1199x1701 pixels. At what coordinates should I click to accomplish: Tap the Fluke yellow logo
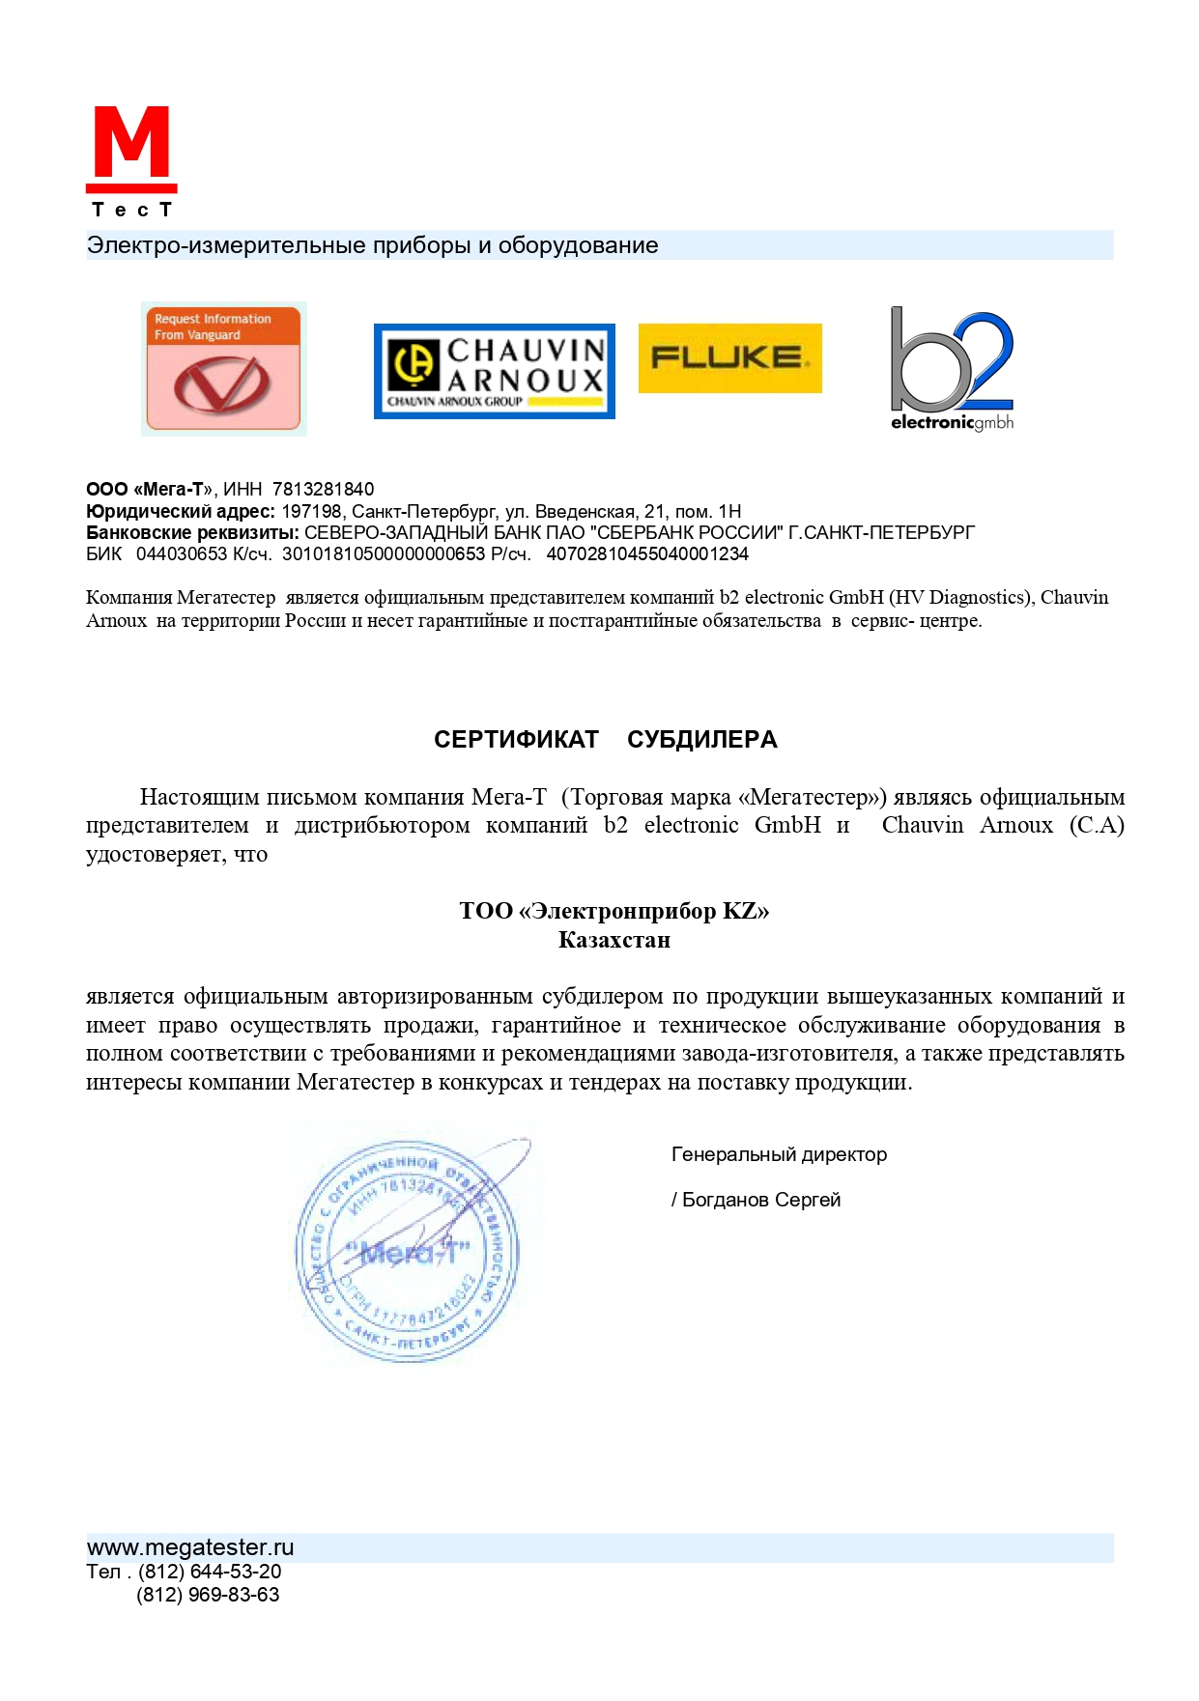coord(729,358)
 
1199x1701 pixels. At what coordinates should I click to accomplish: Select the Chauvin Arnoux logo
coord(494,371)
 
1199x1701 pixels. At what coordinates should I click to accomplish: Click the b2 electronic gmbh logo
coord(952,370)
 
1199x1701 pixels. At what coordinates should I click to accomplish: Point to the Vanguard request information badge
coord(223,369)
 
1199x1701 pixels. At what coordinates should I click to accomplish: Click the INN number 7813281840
coord(323,490)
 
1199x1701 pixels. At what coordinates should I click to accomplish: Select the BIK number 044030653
coord(182,554)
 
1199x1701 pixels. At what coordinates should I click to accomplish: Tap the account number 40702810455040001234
coord(646,554)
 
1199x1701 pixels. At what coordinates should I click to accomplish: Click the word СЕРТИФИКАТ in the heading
coord(516,740)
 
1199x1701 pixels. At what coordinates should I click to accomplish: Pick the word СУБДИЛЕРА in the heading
coord(701,740)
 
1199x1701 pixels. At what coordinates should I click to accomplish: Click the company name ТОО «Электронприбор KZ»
coord(614,911)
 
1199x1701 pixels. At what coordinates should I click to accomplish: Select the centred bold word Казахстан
coord(614,940)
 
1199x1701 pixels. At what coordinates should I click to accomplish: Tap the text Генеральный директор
coord(779,1155)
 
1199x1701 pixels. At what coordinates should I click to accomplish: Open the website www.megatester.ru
coord(190,1547)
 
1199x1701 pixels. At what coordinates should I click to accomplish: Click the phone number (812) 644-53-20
coord(210,1572)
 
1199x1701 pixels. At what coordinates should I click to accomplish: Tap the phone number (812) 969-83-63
coord(208,1595)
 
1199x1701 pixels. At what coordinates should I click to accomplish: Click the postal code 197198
coord(311,512)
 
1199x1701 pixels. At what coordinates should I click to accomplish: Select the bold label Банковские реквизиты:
coord(192,533)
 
